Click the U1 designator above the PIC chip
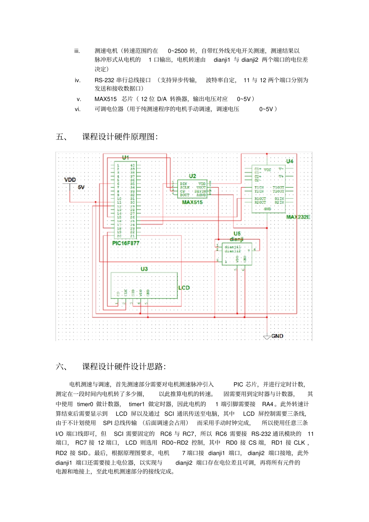[x=125, y=158]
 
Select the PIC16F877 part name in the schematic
[x=125, y=243]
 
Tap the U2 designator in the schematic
[x=193, y=176]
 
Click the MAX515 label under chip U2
[x=192, y=202]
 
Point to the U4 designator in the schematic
[x=290, y=161]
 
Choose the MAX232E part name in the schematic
[x=298, y=217]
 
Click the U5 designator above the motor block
[x=237, y=234]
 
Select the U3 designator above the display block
[x=144, y=269]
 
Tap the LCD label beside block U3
[x=184, y=288]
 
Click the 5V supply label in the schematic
[x=81, y=187]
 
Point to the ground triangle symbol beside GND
[x=267, y=337]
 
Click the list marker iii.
[x=77, y=51]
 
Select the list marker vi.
[x=78, y=109]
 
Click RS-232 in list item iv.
[x=104, y=80]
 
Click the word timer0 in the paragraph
[x=85, y=404]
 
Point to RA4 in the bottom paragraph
[x=268, y=404]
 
